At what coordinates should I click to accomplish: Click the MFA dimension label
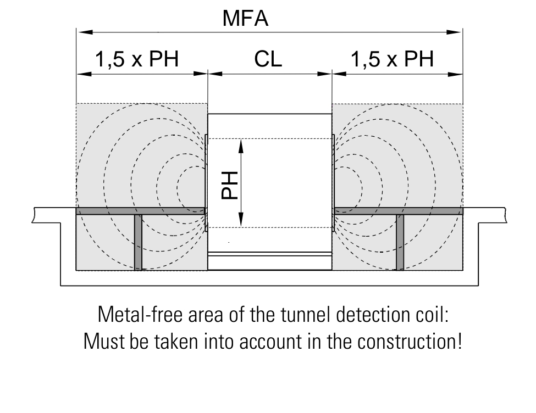pos(245,18)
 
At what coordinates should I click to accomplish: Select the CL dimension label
pos(268,59)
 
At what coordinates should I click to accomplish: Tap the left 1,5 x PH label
pos(137,59)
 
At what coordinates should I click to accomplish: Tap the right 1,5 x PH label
pos(392,59)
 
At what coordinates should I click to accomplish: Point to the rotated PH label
pos(229,185)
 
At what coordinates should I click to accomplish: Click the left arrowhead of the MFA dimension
pos(85,32)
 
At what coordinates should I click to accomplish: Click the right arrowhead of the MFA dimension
pos(454,32)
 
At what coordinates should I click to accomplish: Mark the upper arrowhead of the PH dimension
pos(241,146)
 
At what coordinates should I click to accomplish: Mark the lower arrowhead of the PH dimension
pos(241,219)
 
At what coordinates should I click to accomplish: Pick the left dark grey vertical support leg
pos(138,242)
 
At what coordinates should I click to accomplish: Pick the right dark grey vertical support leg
pos(400,242)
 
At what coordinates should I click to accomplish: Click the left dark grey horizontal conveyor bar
pos(141,211)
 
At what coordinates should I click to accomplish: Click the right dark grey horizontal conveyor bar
pos(399,211)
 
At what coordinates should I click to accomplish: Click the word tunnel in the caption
pos(306,315)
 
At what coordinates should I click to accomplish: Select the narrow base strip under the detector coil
pos(270,261)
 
